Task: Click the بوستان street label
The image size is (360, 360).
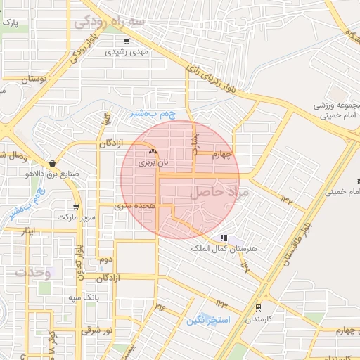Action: (x=33, y=80)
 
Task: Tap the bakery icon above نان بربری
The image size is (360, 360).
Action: (x=153, y=152)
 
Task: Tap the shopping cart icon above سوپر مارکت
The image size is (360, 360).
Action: (x=75, y=207)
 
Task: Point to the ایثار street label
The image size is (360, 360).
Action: (x=33, y=231)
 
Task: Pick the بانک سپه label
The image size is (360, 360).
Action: (x=82, y=298)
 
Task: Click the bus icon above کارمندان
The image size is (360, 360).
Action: (x=258, y=307)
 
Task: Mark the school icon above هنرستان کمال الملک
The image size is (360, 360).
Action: (x=224, y=238)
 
